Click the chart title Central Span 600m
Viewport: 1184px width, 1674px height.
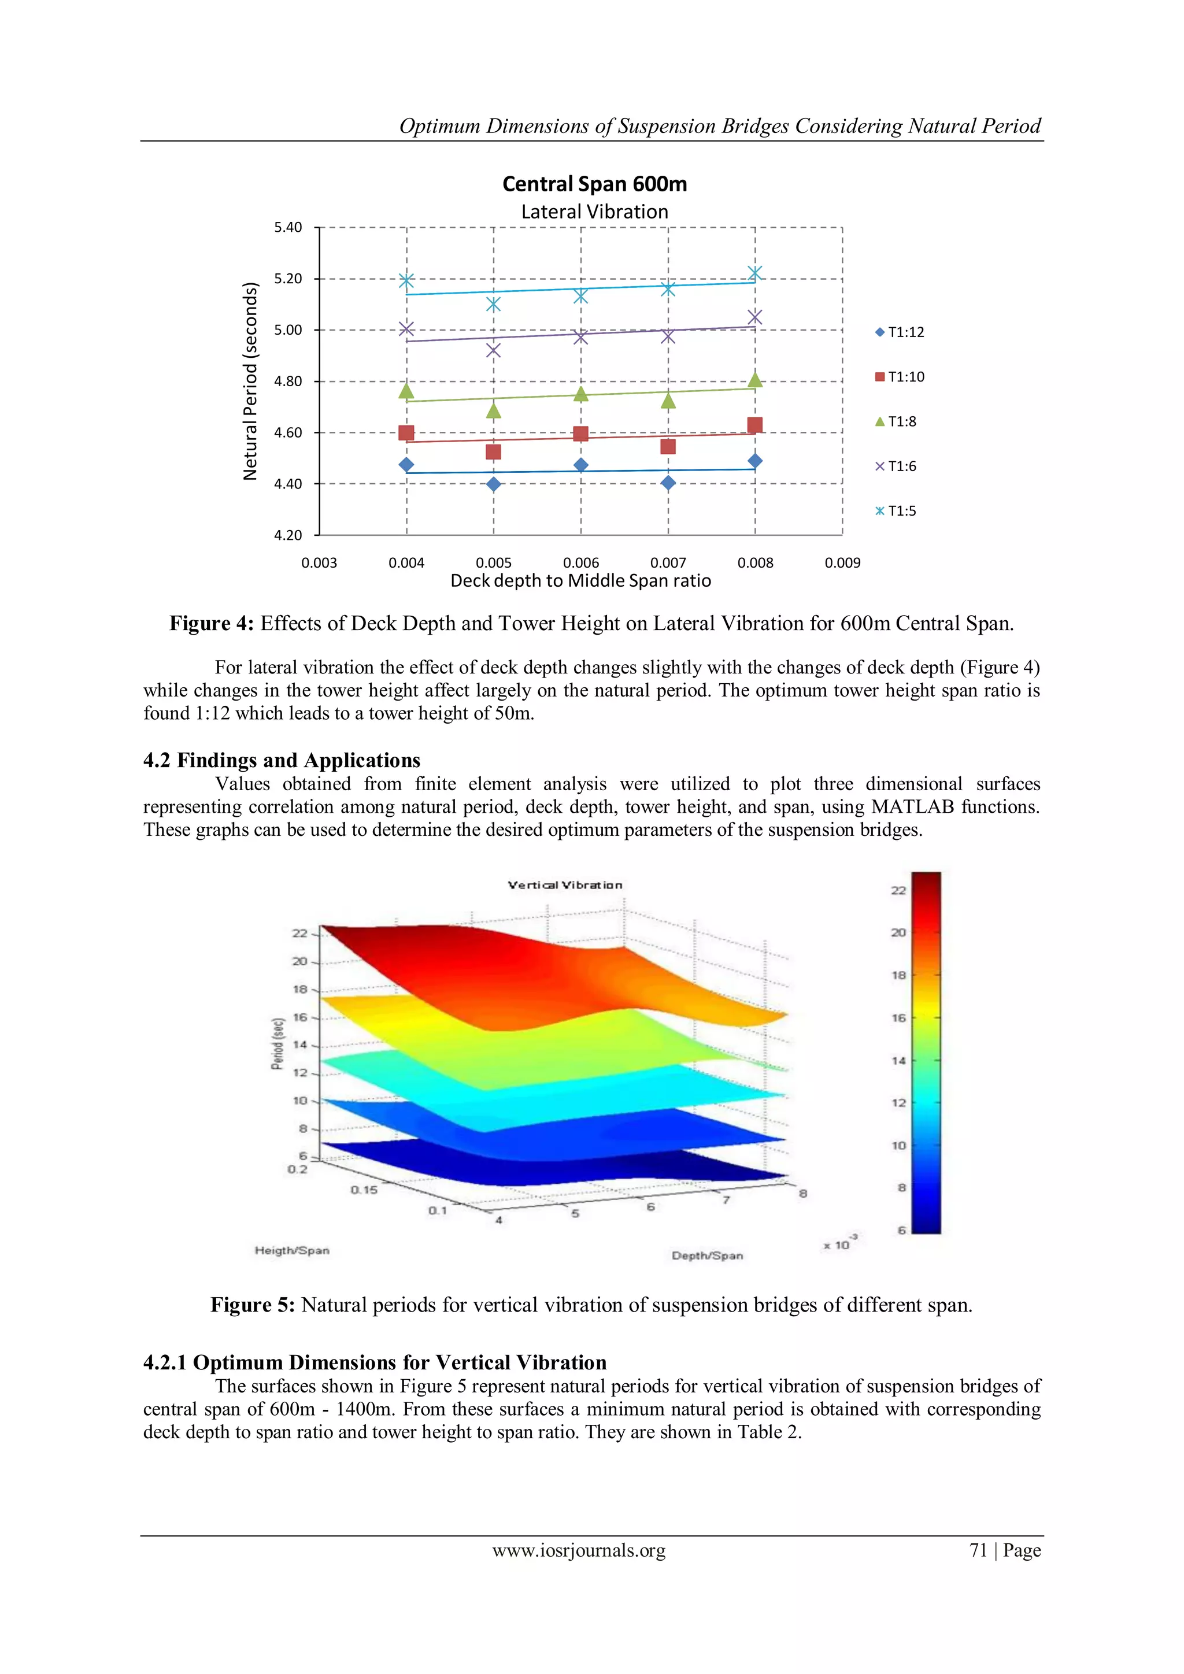pos(594,184)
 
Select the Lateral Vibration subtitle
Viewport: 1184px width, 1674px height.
pos(594,212)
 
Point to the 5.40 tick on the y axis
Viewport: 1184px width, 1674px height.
pos(287,228)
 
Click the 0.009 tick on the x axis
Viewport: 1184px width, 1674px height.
pos(842,563)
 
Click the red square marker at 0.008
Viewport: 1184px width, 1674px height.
pos(755,425)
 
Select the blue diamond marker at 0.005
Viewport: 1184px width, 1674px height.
pos(494,484)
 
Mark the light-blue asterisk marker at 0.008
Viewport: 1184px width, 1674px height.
pos(755,273)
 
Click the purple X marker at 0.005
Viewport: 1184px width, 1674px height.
pos(494,351)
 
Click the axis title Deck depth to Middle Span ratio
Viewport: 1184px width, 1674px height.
pos(580,581)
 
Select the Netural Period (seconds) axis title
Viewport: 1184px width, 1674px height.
pos(250,380)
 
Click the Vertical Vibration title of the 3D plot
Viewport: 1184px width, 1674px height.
pos(565,885)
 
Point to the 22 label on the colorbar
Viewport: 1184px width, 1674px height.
pos(898,890)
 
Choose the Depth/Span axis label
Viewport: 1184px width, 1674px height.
pos(707,1255)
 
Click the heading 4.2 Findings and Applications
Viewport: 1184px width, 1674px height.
pos(282,761)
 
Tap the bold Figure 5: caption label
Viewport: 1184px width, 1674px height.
pos(252,1305)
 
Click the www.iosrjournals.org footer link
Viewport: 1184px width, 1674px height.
pos(579,1550)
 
